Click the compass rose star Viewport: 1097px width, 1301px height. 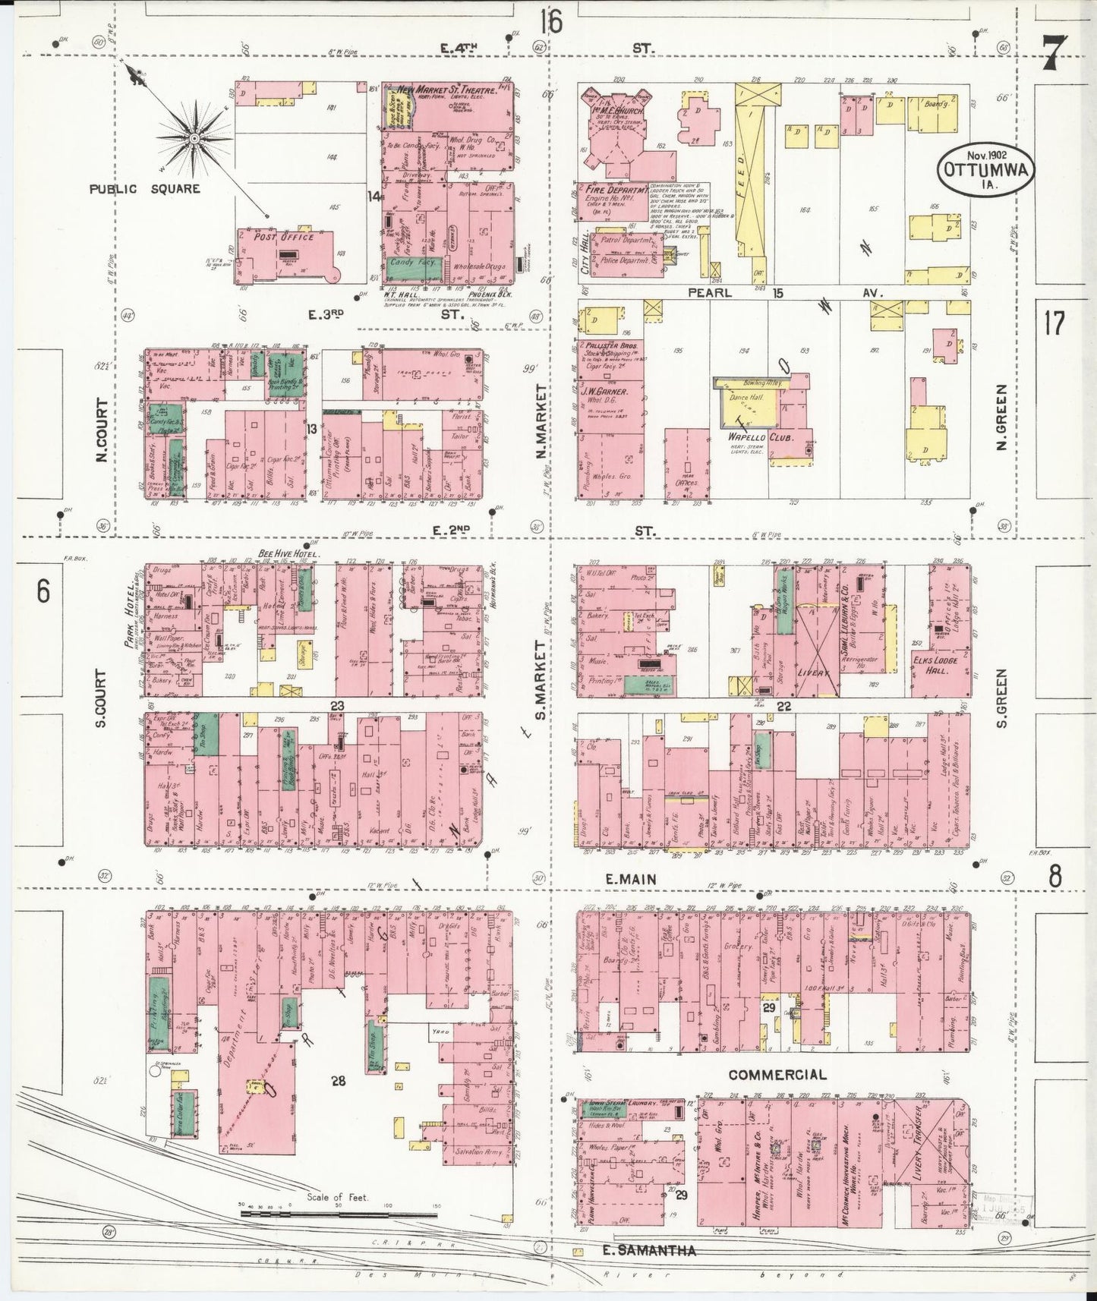pyautogui.click(x=194, y=139)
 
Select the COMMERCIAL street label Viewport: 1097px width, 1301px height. pyautogui.click(x=777, y=1074)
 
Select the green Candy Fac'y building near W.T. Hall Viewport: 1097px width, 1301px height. pyautogui.click(x=408, y=263)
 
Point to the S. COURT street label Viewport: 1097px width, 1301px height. pyautogui.click(x=101, y=697)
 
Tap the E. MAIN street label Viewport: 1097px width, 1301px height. pyautogui.click(x=629, y=878)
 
